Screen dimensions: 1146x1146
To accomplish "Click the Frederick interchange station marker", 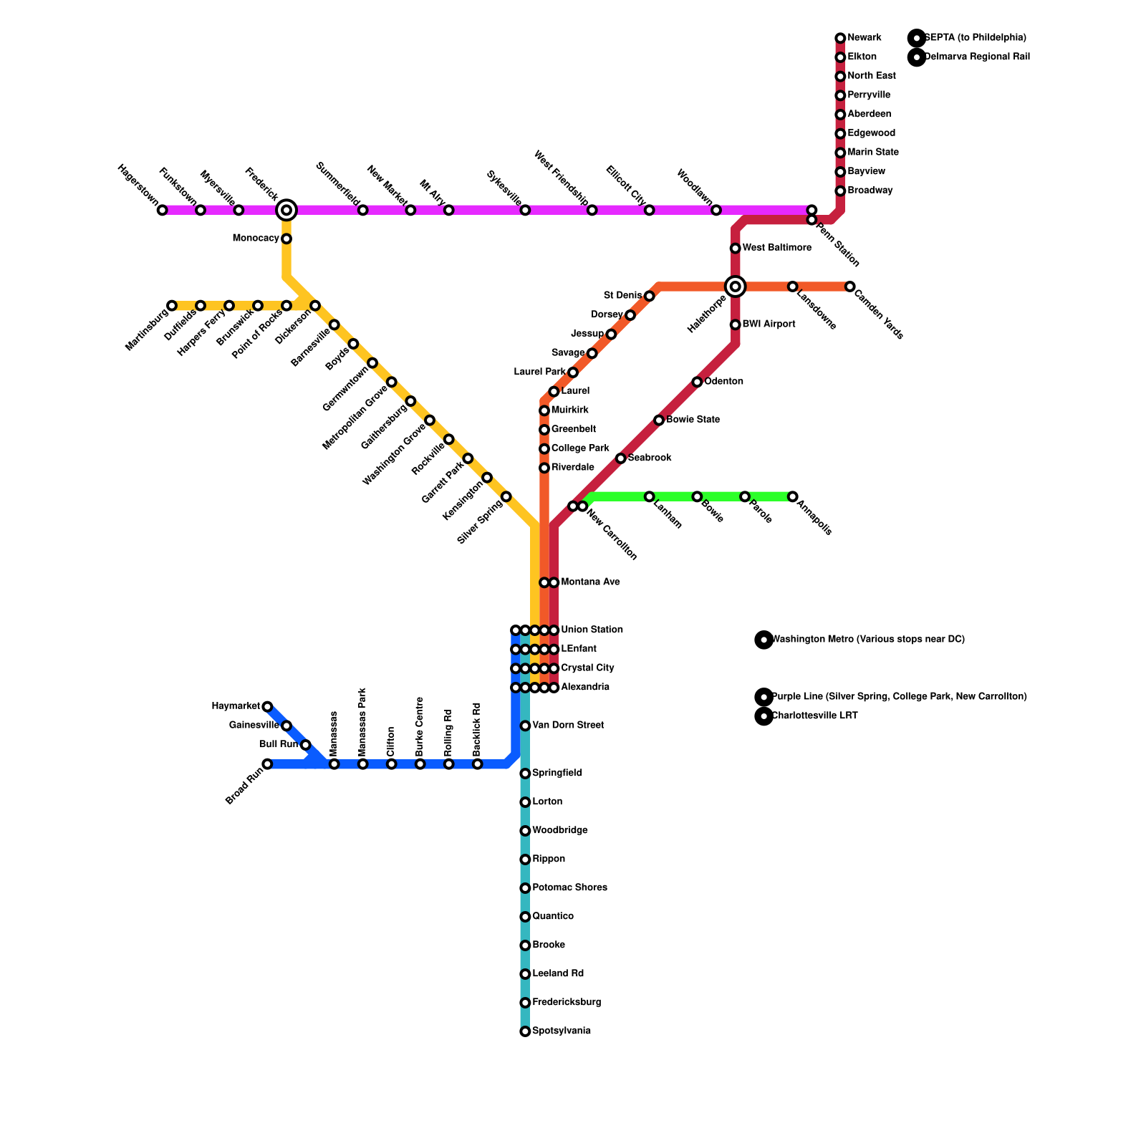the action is coord(286,210).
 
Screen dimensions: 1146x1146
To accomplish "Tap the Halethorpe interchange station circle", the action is coord(735,286).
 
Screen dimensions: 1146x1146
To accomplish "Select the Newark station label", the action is coord(864,38).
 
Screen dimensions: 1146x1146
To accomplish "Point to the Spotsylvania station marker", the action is coord(525,1031).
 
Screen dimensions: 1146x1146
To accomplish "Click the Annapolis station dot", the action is coord(792,496).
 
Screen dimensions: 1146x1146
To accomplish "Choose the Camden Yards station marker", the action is coord(849,286).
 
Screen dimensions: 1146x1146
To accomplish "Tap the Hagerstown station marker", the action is coord(162,210).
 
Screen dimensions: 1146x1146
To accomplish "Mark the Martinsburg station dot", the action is coord(172,306).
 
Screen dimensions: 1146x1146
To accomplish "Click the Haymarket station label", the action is coord(236,707).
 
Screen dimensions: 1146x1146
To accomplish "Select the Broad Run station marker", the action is coord(267,764).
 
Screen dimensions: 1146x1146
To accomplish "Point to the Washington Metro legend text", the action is coord(867,640).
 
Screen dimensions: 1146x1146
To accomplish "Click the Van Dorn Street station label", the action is coord(568,726).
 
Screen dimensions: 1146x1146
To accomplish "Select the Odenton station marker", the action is coord(697,382).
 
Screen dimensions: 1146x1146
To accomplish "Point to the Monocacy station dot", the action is coord(286,239).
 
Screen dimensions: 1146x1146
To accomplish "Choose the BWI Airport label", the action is coord(769,324).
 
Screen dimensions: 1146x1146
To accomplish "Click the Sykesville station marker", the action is coord(525,210).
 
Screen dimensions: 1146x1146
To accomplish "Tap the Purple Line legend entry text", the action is coord(898,697).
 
